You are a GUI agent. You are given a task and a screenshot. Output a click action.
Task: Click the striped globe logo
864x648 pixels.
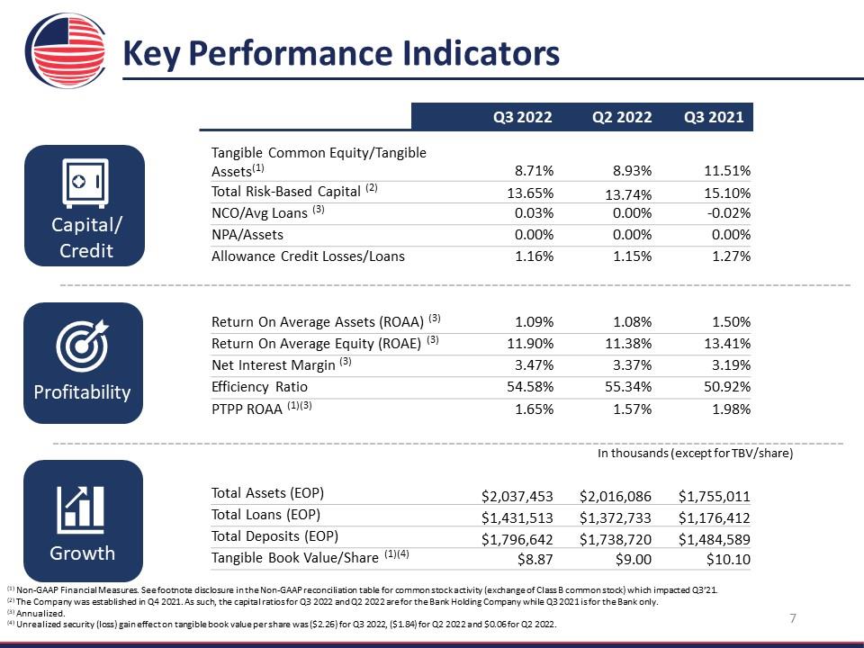click(x=66, y=50)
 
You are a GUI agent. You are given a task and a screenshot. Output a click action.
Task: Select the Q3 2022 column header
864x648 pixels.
click(x=522, y=117)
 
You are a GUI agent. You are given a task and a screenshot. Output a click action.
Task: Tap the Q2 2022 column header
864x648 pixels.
click(x=622, y=117)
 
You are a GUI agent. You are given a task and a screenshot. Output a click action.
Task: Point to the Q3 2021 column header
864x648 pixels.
click(x=714, y=117)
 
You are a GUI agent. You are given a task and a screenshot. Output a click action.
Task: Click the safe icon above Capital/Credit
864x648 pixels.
click(x=85, y=183)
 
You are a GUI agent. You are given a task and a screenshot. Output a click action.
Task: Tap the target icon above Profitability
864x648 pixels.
click(x=83, y=346)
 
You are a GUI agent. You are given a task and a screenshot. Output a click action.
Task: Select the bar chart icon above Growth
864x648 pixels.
click(x=80, y=509)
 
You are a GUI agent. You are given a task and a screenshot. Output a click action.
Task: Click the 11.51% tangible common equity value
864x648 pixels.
click(x=727, y=171)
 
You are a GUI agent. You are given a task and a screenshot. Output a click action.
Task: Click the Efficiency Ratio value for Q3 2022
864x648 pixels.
click(x=530, y=387)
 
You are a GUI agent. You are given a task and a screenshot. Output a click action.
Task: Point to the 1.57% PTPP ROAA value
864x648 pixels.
click(x=632, y=409)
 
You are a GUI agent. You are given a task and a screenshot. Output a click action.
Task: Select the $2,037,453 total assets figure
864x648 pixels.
click(x=517, y=497)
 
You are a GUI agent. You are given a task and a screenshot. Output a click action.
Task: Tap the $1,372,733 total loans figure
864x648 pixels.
click(x=615, y=518)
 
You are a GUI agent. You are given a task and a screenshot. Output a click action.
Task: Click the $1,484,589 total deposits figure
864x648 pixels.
click(x=714, y=539)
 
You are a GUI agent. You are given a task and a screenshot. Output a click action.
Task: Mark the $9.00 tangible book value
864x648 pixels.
click(x=633, y=560)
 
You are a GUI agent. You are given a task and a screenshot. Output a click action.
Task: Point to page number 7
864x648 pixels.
click(x=793, y=618)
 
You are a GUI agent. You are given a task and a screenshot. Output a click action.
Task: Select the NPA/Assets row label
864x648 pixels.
click(x=247, y=235)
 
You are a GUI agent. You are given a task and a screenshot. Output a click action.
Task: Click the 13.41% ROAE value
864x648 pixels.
click(x=727, y=344)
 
